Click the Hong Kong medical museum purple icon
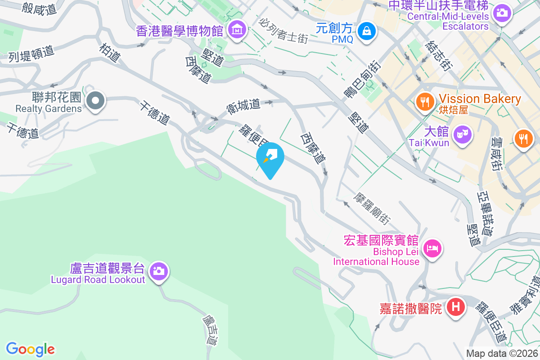[237, 30]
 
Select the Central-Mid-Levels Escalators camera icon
[502, 12]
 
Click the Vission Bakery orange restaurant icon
[424, 101]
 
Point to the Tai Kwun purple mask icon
[462, 134]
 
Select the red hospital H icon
[455, 308]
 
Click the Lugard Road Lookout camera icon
[158, 271]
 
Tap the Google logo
[30, 349]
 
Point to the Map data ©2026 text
[502, 353]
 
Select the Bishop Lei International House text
[376, 256]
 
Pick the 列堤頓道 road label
[31, 54]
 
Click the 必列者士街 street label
[284, 30]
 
